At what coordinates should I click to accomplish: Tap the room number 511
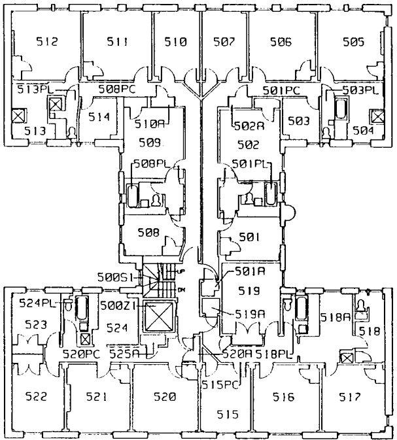(117, 42)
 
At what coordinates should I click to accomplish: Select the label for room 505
(353, 42)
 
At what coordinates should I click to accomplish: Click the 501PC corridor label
(281, 89)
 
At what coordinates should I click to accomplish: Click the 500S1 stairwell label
(120, 276)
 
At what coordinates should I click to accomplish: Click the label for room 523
(36, 324)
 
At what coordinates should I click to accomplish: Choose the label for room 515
(226, 414)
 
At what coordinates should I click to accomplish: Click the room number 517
(354, 396)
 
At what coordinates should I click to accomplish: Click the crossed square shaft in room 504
(376, 116)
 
